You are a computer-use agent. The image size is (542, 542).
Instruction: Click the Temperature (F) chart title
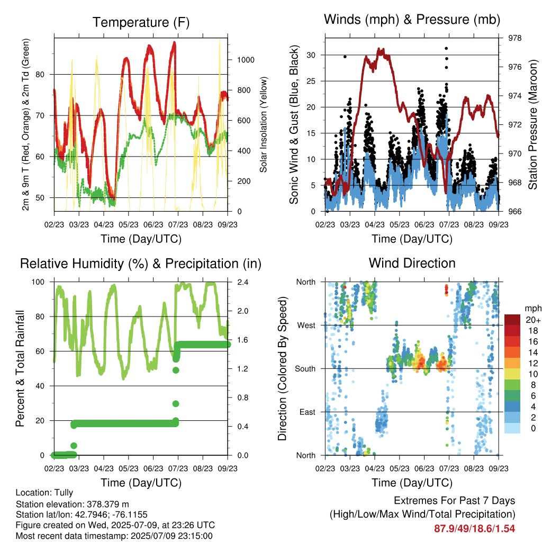point(141,22)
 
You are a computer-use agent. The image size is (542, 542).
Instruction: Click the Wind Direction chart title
point(412,263)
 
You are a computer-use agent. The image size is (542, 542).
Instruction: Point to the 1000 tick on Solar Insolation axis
point(246,60)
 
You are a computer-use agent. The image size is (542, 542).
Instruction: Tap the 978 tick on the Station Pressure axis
point(514,38)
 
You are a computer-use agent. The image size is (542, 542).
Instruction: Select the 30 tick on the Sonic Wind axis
point(311,55)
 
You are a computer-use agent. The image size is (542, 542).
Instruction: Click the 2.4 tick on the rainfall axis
point(242,282)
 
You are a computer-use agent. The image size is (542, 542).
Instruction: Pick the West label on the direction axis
point(306,326)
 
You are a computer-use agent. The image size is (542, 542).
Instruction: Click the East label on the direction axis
point(308,412)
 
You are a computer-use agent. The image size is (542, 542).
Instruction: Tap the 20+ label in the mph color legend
point(533,320)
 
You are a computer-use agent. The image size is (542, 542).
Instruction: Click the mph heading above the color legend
point(533,309)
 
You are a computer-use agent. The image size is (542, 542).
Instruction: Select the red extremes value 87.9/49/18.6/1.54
point(475,529)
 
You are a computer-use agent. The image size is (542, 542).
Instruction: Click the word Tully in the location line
point(64,493)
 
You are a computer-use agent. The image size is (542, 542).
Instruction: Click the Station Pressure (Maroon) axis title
point(532,124)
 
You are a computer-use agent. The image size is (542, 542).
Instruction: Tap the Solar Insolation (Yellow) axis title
point(264,124)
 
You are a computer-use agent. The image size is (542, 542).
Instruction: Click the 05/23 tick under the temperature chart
point(129,224)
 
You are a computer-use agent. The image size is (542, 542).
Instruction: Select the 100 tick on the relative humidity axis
point(38,282)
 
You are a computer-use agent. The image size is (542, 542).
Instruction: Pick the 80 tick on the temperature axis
point(40,74)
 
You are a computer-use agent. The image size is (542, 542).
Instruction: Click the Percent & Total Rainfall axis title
point(20,368)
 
